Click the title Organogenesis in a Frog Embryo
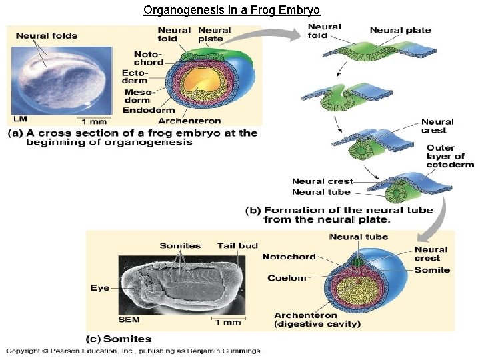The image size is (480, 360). [x=232, y=11]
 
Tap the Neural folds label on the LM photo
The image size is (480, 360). [x=47, y=35]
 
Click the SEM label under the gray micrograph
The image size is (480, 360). [x=129, y=320]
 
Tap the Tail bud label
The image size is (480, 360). [x=237, y=245]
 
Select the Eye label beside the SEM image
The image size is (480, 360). [x=100, y=288]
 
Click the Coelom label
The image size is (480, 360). [x=287, y=278]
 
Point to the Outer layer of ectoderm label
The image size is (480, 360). [x=450, y=156]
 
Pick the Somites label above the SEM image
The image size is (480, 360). [x=180, y=245]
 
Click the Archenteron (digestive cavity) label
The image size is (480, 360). [x=317, y=319]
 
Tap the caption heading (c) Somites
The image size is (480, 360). [x=119, y=339]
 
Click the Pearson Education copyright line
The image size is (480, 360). [x=133, y=351]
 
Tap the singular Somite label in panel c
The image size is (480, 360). [x=432, y=270]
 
